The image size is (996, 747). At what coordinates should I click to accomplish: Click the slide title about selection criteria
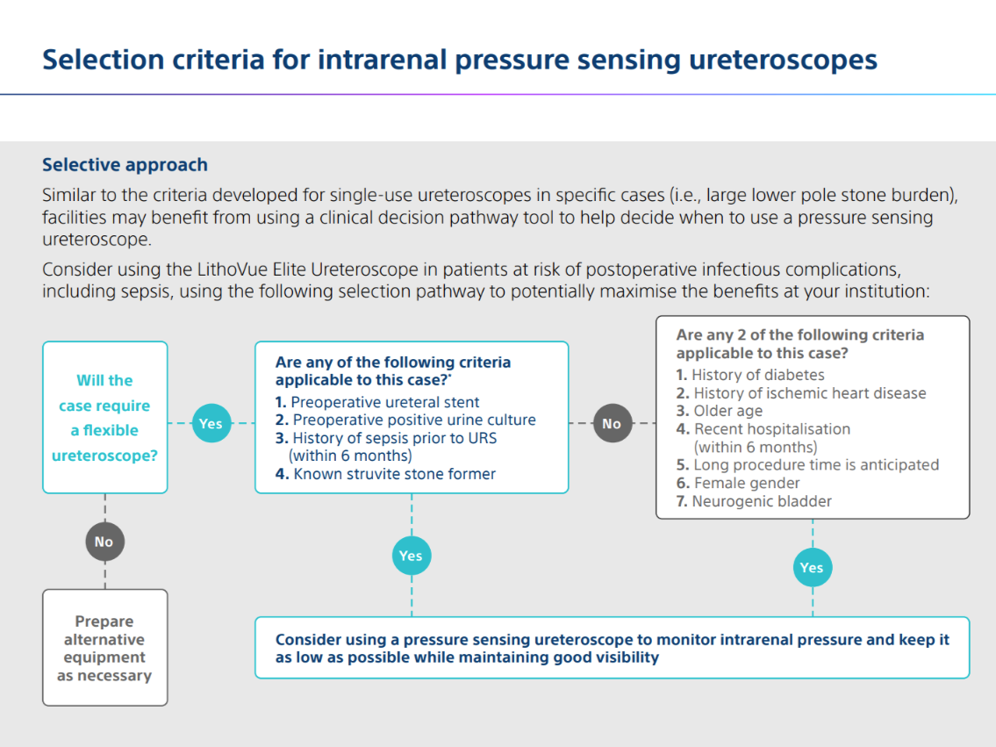pyautogui.click(x=459, y=60)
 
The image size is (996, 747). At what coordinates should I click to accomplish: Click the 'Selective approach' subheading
pyautogui.click(x=125, y=165)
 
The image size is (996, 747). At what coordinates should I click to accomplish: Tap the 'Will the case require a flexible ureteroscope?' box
pyautogui.click(x=104, y=417)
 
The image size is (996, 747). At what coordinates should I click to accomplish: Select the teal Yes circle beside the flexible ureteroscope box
pyautogui.click(x=211, y=423)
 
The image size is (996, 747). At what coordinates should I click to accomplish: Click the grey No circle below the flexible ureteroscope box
pyautogui.click(x=104, y=542)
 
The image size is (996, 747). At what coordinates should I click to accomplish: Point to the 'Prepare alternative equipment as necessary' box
pyautogui.click(x=104, y=648)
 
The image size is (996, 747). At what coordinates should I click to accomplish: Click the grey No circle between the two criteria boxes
pyautogui.click(x=612, y=423)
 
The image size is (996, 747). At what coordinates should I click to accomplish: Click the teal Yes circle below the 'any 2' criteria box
pyautogui.click(x=812, y=567)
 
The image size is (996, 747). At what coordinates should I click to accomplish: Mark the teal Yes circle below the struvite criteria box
pyautogui.click(x=411, y=556)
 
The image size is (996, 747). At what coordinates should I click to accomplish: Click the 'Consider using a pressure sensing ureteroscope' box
pyautogui.click(x=612, y=648)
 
